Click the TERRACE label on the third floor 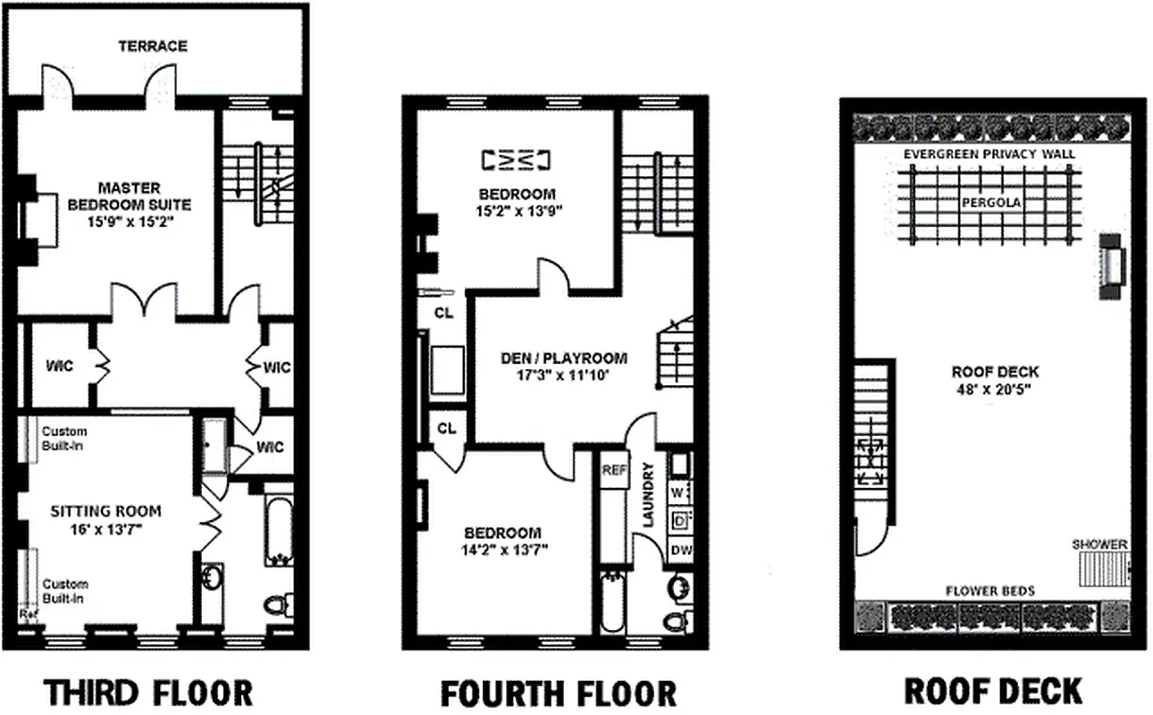coord(153,46)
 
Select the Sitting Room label coord(105,511)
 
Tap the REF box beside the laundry coord(613,471)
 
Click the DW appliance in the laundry coord(679,550)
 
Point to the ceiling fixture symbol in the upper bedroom coord(516,159)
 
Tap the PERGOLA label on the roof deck coord(991,203)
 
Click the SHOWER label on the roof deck coord(1099,543)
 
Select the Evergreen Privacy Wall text coord(989,154)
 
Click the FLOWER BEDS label coord(989,591)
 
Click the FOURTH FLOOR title coord(559,693)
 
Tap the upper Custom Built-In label coord(64,438)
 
